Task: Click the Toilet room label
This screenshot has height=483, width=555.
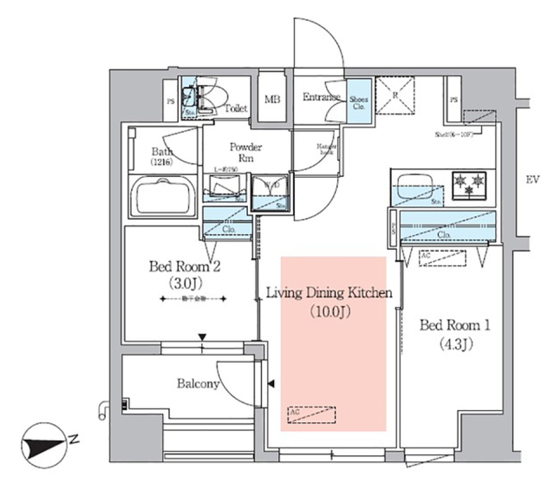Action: pos(236,108)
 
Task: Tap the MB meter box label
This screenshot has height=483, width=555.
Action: pos(272,99)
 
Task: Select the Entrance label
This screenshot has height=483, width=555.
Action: pos(321,97)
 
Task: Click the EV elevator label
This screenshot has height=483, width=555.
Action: pos(532,180)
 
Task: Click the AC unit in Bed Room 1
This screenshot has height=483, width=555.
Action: pos(442,258)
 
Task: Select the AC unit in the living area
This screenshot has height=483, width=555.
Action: pos(311,415)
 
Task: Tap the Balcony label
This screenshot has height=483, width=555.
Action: pos(198,384)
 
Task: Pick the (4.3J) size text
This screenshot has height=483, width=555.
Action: pos(454,345)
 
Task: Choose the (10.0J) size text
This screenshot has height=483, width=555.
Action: pos(328,312)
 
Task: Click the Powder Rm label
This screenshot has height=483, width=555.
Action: pos(246,152)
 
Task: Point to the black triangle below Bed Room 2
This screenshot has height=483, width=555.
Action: pos(202,337)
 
